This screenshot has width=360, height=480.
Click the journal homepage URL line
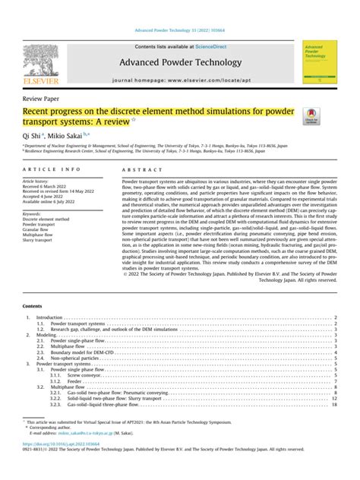[x=179, y=80]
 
